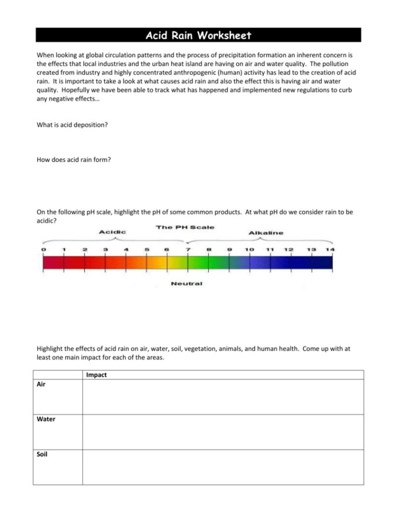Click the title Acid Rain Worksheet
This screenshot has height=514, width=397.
[198, 36]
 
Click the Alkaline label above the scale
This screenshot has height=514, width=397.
[266, 232]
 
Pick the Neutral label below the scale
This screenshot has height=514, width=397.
[186, 283]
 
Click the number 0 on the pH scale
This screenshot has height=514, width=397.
[43, 249]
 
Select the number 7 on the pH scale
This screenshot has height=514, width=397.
[188, 249]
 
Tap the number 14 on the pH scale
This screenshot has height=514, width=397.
[331, 249]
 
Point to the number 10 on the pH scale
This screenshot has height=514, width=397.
[249, 249]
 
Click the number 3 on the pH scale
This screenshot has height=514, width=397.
[105, 249]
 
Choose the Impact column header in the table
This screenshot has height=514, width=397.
[96, 375]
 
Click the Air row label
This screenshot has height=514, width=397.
[41, 384]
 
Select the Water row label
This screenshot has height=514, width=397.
[46, 419]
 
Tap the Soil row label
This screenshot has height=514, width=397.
[42, 454]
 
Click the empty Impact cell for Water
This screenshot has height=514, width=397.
[223, 432]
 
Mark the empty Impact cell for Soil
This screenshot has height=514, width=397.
[223, 467]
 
